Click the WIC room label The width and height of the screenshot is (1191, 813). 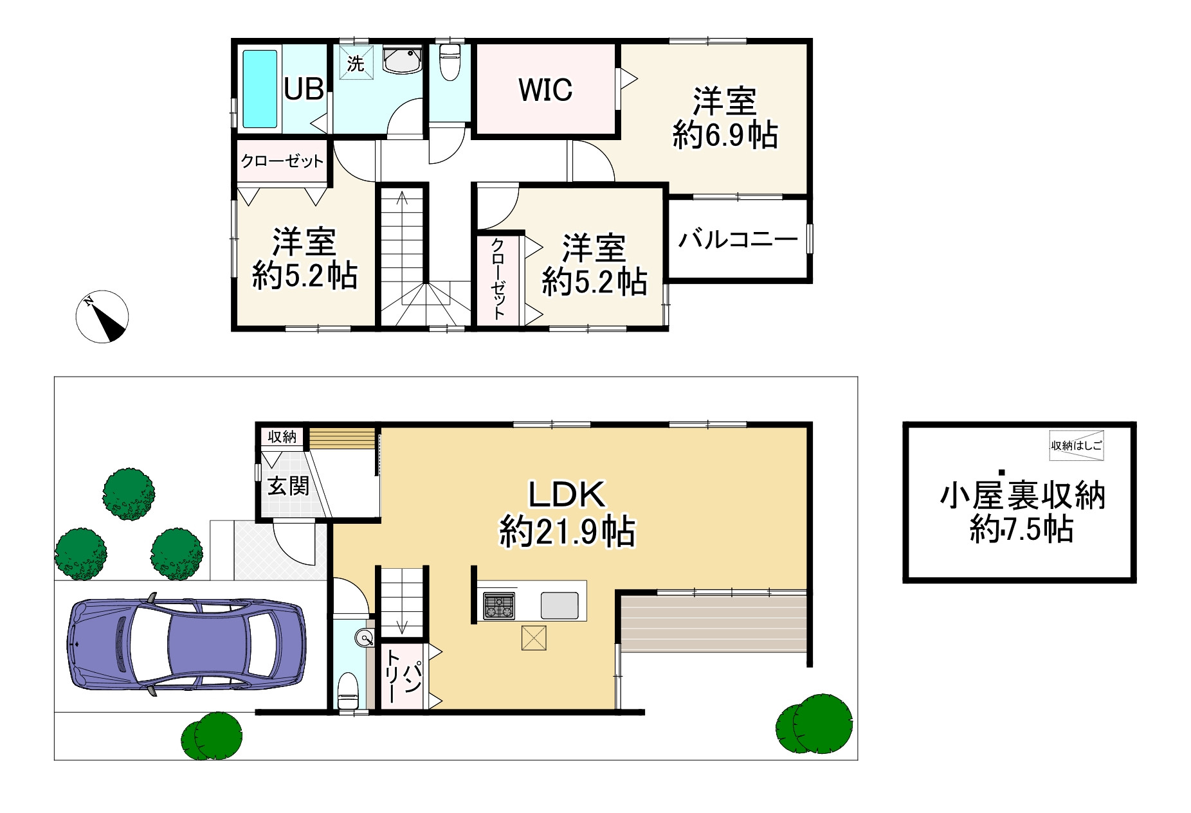[x=545, y=90]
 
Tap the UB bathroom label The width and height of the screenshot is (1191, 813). [x=304, y=89]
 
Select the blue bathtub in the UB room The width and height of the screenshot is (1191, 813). [x=260, y=89]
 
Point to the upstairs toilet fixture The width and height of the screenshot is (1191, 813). [x=450, y=62]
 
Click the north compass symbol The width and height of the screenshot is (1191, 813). [x=102, y=316]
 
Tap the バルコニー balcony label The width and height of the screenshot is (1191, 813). [x=738, y=240]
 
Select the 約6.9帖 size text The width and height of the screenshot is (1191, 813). [x=725, y=136]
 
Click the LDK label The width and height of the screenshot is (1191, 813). [x=567, y=494]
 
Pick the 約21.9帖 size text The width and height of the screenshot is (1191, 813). [x=567, y=532]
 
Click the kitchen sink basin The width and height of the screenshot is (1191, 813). [x=559, y=605]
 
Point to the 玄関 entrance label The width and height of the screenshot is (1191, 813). [x=288, y=486]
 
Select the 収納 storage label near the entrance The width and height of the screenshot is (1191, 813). [x=282, y=437]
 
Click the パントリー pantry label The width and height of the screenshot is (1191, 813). [x=403, y=677]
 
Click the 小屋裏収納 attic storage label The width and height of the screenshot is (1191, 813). [x=1023, y=496]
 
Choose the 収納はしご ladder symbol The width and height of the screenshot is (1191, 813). [x=1077, y=445]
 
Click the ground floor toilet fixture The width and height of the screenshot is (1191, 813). [x=348, y=690]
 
